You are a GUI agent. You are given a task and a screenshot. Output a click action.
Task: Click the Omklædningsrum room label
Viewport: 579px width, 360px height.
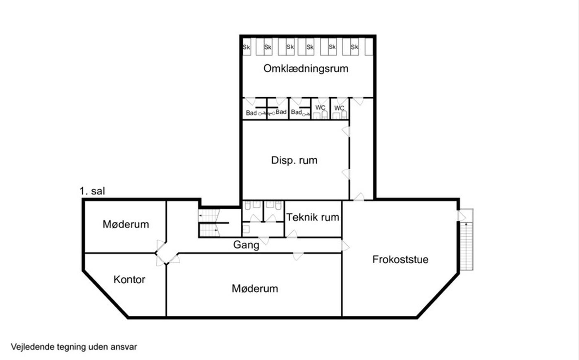pos(306,69)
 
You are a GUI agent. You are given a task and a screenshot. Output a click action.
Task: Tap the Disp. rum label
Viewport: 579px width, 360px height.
pos(294,160)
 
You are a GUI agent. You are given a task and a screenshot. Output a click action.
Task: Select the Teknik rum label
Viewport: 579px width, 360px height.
pos(313,217)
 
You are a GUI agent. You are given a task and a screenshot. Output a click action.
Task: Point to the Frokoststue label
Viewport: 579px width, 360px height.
pos(400,259)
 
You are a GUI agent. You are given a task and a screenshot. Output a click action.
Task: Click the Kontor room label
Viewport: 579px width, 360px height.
pos(129,279)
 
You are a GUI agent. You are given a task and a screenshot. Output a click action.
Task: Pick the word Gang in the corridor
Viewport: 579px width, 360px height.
pos(246,245)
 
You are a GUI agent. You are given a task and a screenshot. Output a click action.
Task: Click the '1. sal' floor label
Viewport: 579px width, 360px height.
pos(92,191)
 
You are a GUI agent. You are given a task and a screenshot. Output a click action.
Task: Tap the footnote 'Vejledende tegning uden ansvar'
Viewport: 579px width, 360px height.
pos(74,347)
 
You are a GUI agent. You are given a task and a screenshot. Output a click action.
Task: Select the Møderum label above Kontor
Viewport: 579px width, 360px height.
pos(126,224)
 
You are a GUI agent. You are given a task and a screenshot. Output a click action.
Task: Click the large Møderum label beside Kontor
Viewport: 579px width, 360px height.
pos(255,288)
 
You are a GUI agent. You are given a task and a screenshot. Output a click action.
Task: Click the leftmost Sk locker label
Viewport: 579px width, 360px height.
pos(246,47)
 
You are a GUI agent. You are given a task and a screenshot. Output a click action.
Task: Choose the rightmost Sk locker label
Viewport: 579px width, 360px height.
pos(354,47)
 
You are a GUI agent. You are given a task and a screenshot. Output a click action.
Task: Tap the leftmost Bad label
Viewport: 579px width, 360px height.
pos(251,113)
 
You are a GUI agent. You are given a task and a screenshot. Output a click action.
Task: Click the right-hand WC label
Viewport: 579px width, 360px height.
pos(339,108)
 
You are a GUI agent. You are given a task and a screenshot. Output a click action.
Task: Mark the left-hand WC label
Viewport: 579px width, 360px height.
pos(320,107)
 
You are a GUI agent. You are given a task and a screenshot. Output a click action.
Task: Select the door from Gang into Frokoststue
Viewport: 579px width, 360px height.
pos(345,246)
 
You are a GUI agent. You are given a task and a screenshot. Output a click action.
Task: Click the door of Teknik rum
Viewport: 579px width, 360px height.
pos(292,234)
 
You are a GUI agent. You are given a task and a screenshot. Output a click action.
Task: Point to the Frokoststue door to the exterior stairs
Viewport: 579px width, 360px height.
pos(462,216)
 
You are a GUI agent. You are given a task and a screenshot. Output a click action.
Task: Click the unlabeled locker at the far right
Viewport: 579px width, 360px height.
pos(369,47)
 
